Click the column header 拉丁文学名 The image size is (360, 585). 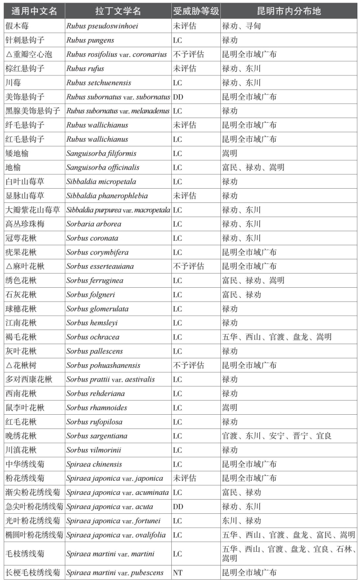(x=119, y=11)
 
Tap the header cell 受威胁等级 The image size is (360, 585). (x=196, y=11)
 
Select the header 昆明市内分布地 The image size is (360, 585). (x=289, y=11)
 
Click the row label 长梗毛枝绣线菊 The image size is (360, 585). (x=33, y=572)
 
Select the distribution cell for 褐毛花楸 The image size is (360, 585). (x=276, y=337)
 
